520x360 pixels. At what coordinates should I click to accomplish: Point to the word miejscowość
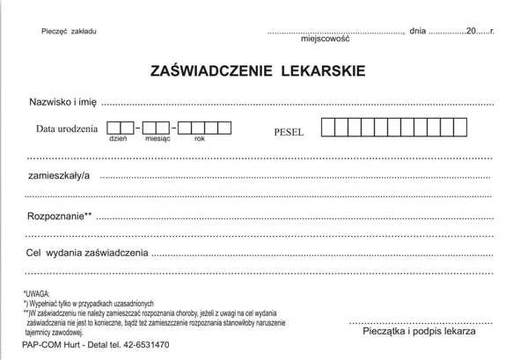325,40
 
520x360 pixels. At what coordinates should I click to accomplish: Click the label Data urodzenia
67,129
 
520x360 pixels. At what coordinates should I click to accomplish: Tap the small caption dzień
119,140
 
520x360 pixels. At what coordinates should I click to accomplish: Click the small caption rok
200,140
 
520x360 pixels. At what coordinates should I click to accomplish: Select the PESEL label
289,132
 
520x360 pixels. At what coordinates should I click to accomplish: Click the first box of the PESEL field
327,129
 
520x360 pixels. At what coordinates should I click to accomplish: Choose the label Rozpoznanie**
60,215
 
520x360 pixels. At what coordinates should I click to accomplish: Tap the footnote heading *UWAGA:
38,293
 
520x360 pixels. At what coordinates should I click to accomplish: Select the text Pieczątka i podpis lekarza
418,330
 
